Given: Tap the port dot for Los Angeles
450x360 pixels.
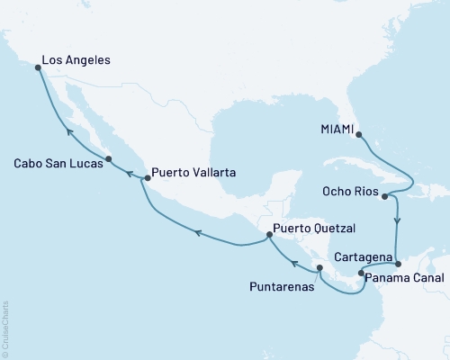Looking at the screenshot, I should tap(37, 67).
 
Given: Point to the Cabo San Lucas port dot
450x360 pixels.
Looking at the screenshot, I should tap(109, 160).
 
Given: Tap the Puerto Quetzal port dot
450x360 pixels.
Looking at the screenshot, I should tap(269, 236).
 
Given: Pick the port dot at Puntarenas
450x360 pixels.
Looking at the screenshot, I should tap(319, 268).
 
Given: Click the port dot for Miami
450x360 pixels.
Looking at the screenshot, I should tap(359, 137).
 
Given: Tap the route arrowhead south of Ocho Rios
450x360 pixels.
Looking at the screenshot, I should tap(397, 220).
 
